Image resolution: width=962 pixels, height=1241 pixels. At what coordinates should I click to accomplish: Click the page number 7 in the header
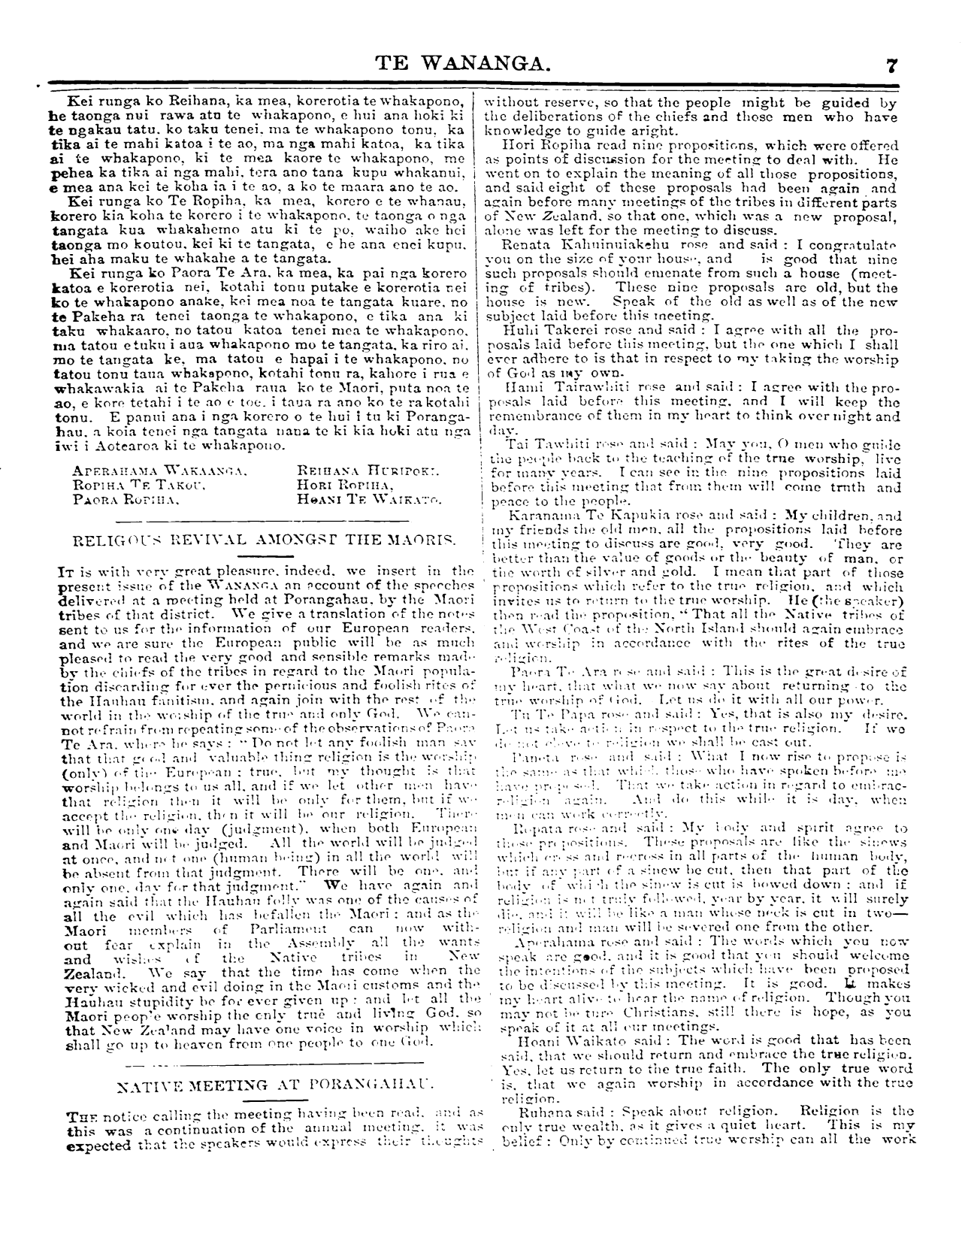tap(891, 65)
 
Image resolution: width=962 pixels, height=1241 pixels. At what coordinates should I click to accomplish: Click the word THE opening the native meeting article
tap(77, 1118)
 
